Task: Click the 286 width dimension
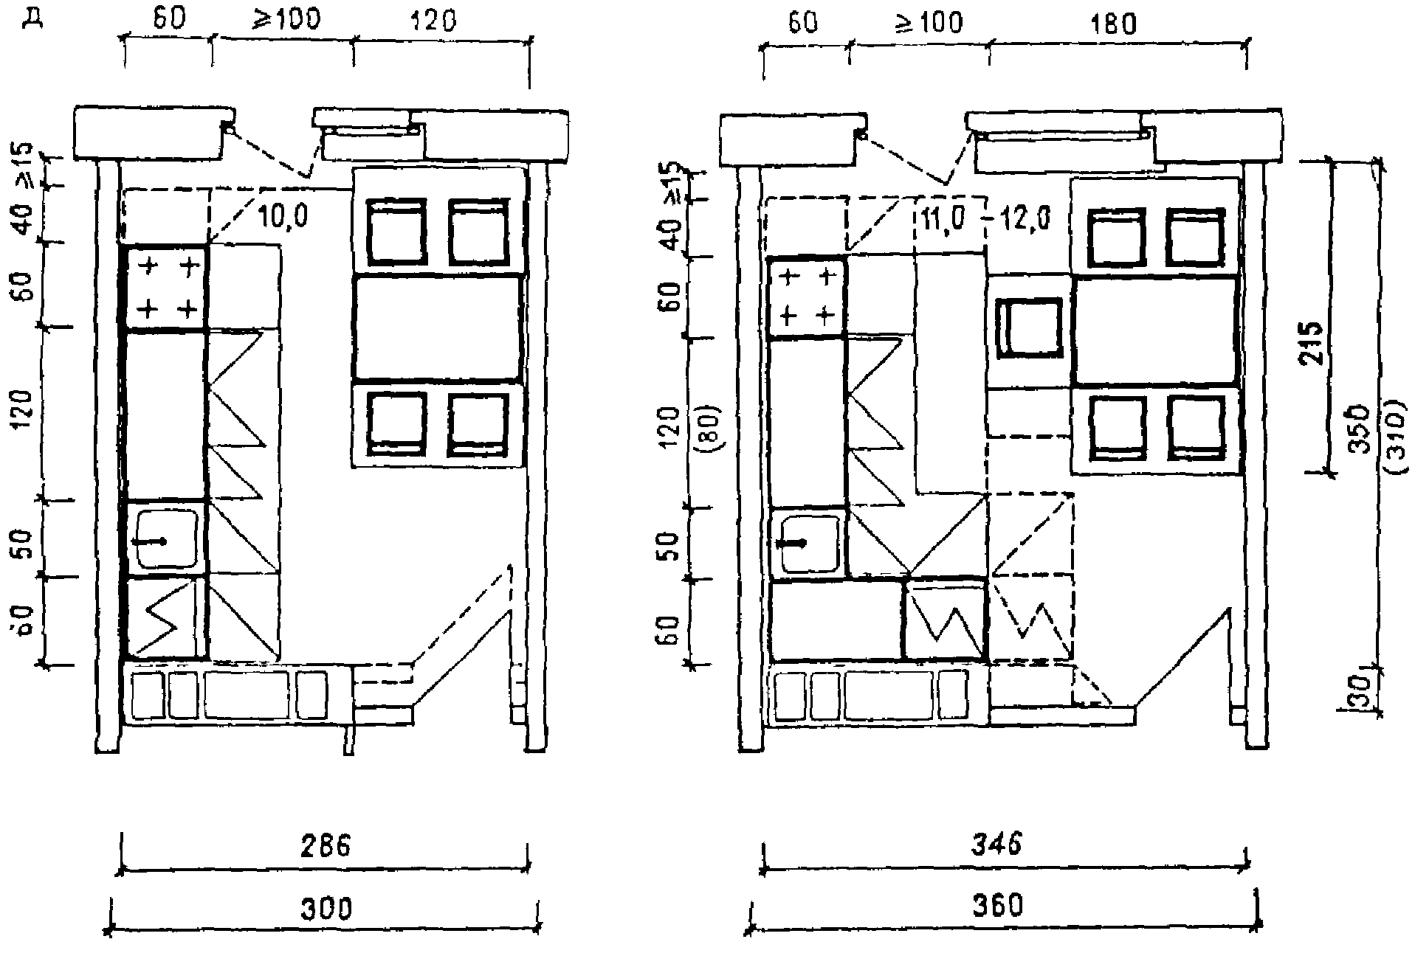pos(326,845)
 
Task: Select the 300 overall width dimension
pos(326,907)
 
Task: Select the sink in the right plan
pos(810,543)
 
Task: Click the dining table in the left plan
pos(438,328)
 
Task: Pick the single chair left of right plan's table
pos(1030,330)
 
